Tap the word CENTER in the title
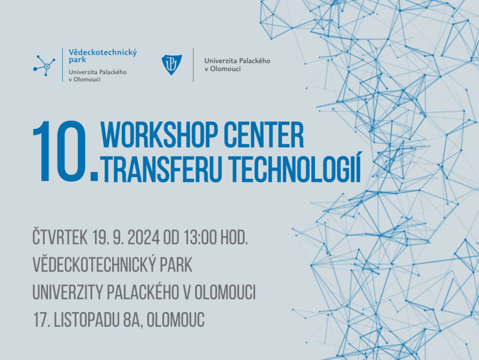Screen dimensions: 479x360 (x=263, y=135)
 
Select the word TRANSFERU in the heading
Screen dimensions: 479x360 (x=162, y=168)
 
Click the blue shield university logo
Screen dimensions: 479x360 (x=172, y=65)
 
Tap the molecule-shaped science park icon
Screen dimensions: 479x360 (x=44, y=65)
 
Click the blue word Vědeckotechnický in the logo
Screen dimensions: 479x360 (x=102, y=53)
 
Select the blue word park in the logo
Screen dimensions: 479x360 (x=77, y=60)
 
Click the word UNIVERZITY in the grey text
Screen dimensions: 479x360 (x=68, y=292)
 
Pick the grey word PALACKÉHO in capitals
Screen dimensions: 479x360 (x=143, y=292)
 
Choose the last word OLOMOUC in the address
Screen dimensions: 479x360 (x=176, y=320)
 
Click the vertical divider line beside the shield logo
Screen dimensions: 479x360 (x=193, y=65)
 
